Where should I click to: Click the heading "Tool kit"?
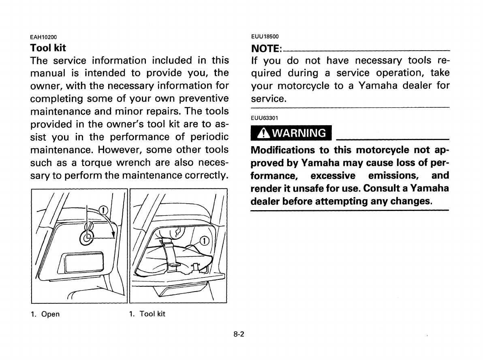[x=48, y=48]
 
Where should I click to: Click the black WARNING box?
[x=291, y=133]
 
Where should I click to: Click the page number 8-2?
[x=241, y=335]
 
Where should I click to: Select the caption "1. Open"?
[x=45, y=314]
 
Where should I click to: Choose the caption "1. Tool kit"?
[x=147, y=314]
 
